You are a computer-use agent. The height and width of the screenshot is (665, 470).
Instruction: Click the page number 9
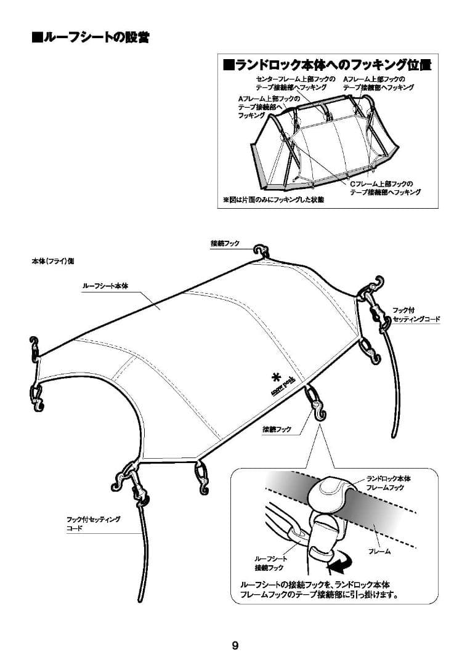click(235, 645)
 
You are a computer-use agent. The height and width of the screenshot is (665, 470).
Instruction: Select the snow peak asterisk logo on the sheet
click(275, 377)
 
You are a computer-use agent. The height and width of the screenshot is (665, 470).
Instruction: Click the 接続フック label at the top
click(225, 244)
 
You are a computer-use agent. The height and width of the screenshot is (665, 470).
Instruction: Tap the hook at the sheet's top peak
click(261, 251)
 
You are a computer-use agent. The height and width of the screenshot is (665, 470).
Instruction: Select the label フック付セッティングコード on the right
click(416, 315)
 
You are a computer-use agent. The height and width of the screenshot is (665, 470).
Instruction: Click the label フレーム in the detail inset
click(379, 552)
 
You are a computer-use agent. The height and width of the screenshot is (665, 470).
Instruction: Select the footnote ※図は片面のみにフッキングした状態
click(272, 200)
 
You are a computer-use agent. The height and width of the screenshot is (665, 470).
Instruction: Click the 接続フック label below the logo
click(277, 429)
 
